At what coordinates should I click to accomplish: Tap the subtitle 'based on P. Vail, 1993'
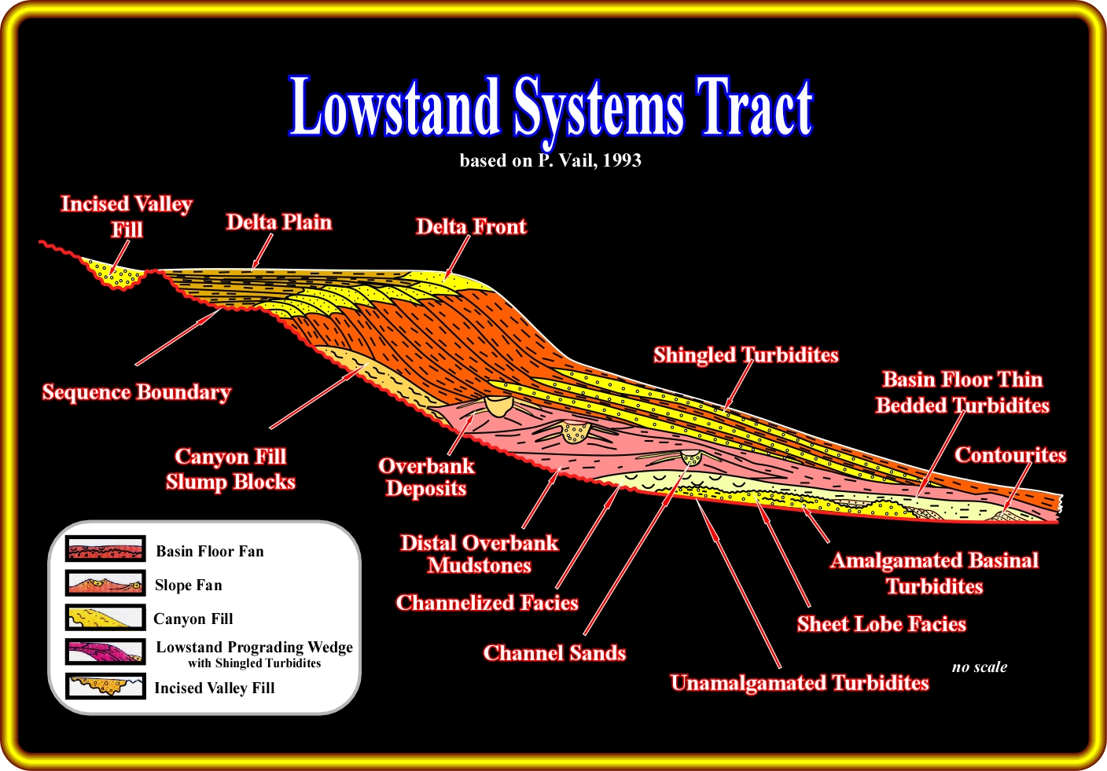coord(550,160)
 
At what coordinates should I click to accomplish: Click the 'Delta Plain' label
coord(279,222)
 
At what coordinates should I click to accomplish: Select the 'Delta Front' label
coord(471,226)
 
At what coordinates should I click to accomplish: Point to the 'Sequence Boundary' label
coord(136,392)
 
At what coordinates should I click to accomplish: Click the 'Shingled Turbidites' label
coord(746,355)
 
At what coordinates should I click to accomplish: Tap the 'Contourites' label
coord(1010,455)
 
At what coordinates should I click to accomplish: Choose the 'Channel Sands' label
coord(554,653)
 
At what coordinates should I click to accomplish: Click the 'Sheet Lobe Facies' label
coord(881,624)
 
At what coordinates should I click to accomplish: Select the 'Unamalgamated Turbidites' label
coord(800,683)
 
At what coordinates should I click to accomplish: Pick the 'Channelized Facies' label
coord(487,603)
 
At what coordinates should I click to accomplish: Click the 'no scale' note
coord(980,667)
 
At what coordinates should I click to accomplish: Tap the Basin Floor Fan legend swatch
coord(105,549)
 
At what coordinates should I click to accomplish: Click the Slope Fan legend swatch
coord(105,583)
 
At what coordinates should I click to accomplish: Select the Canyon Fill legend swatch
coord(105,618)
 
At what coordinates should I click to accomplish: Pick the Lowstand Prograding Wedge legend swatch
coord(105,652)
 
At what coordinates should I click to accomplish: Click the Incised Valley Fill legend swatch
coord(105,686)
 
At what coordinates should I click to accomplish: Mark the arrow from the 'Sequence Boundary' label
coord(178,337)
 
